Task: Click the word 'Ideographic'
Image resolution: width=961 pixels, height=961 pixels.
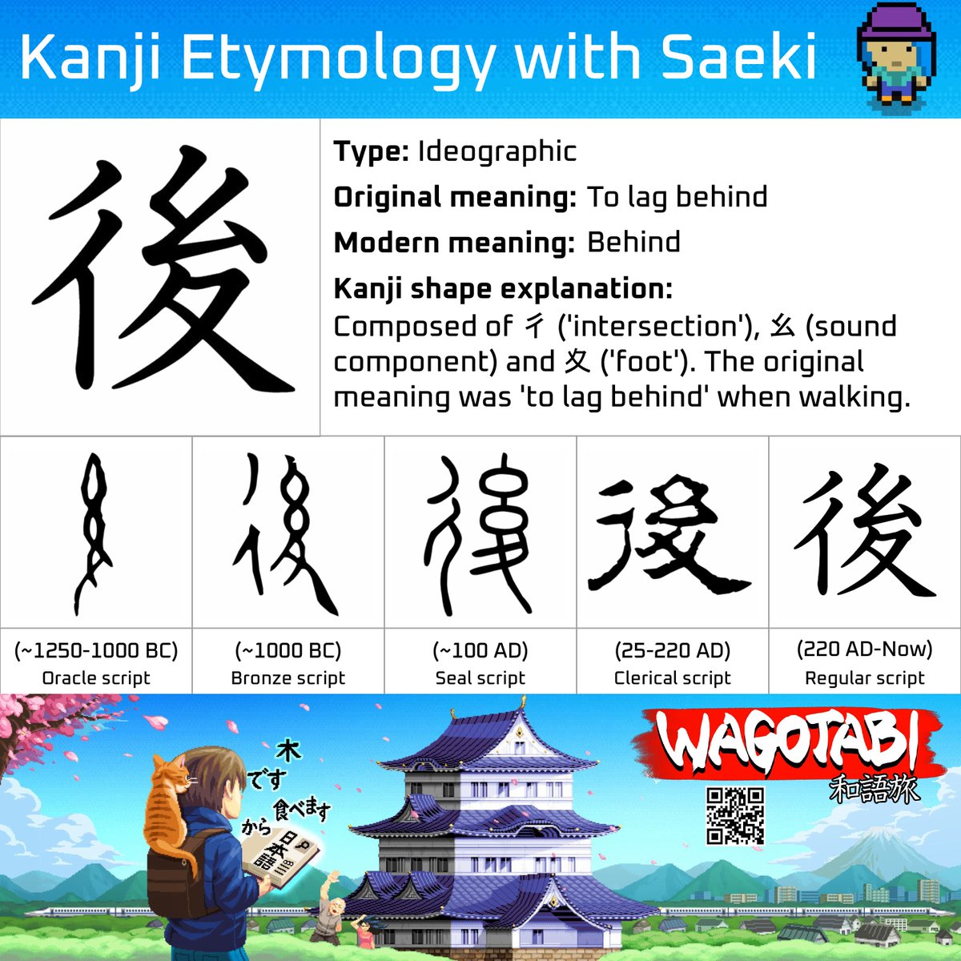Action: click(497, 151)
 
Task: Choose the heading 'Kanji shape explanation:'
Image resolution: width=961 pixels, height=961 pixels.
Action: click(503, 288)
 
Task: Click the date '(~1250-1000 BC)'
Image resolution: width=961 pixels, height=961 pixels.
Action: click(96, 650)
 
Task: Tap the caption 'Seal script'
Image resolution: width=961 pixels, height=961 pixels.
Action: click(480, 678)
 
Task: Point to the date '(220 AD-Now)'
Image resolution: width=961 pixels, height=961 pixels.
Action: click(865, 649)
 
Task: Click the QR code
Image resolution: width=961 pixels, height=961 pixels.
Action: click(735, 816)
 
